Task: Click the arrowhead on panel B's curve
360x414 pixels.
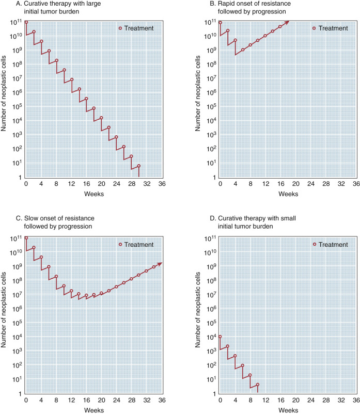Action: [287, 22]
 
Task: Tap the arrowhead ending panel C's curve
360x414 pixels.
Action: [160, 264]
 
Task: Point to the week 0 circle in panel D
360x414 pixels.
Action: [220, 337]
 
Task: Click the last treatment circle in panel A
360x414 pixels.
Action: [139, 166]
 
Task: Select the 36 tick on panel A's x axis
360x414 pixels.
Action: [162, 184]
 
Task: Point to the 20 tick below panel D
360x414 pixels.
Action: [295, 400]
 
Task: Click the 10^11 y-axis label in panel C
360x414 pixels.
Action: [14, 238]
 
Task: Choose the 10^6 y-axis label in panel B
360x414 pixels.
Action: [209, 93]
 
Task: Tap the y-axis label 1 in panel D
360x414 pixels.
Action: [213, 393]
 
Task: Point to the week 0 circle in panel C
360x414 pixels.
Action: [26, 238]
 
